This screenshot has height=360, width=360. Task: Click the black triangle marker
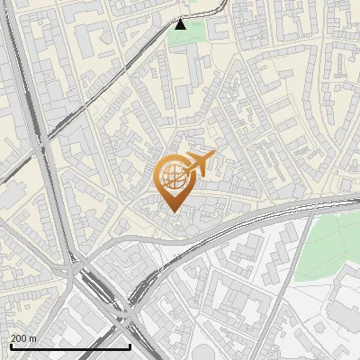point(180,24)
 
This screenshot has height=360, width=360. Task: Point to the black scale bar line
point(69,346)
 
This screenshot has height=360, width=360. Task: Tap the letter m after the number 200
point(34,338)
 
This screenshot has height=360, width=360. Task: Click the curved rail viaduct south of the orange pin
point(207,232)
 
